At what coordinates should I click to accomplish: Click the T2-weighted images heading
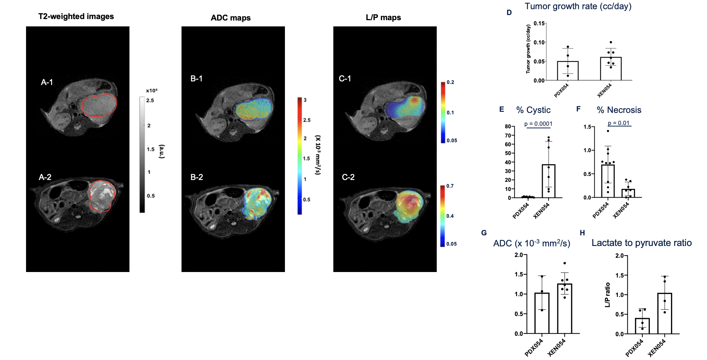[76, 16]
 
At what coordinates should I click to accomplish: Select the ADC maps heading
[231, 18]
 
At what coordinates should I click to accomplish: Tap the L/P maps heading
[383, 18]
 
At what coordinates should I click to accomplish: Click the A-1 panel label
[47, 82]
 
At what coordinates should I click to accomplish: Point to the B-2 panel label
[197, 177]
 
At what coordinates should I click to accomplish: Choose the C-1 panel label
[345, 79]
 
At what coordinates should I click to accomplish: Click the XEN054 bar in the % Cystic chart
[549, 181]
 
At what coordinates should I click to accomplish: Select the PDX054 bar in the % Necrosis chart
[608, 181]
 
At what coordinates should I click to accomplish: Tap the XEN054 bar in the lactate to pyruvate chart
[664, 313]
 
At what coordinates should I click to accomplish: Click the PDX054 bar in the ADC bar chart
[542, 313]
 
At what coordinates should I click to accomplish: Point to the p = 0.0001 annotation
[538, 124]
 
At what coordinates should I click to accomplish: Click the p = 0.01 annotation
[619, 123]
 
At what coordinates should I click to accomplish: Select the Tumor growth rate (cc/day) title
[578, 6]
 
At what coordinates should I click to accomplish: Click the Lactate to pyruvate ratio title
[641, 243]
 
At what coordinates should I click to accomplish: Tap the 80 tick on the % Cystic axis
[508, 126]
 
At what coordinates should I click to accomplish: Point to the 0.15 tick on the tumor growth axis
[539, 23]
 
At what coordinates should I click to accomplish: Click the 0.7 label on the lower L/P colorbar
[450, 186]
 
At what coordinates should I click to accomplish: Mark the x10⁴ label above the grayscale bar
[151, 91]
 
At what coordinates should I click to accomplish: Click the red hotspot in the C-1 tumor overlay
[414, 100]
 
